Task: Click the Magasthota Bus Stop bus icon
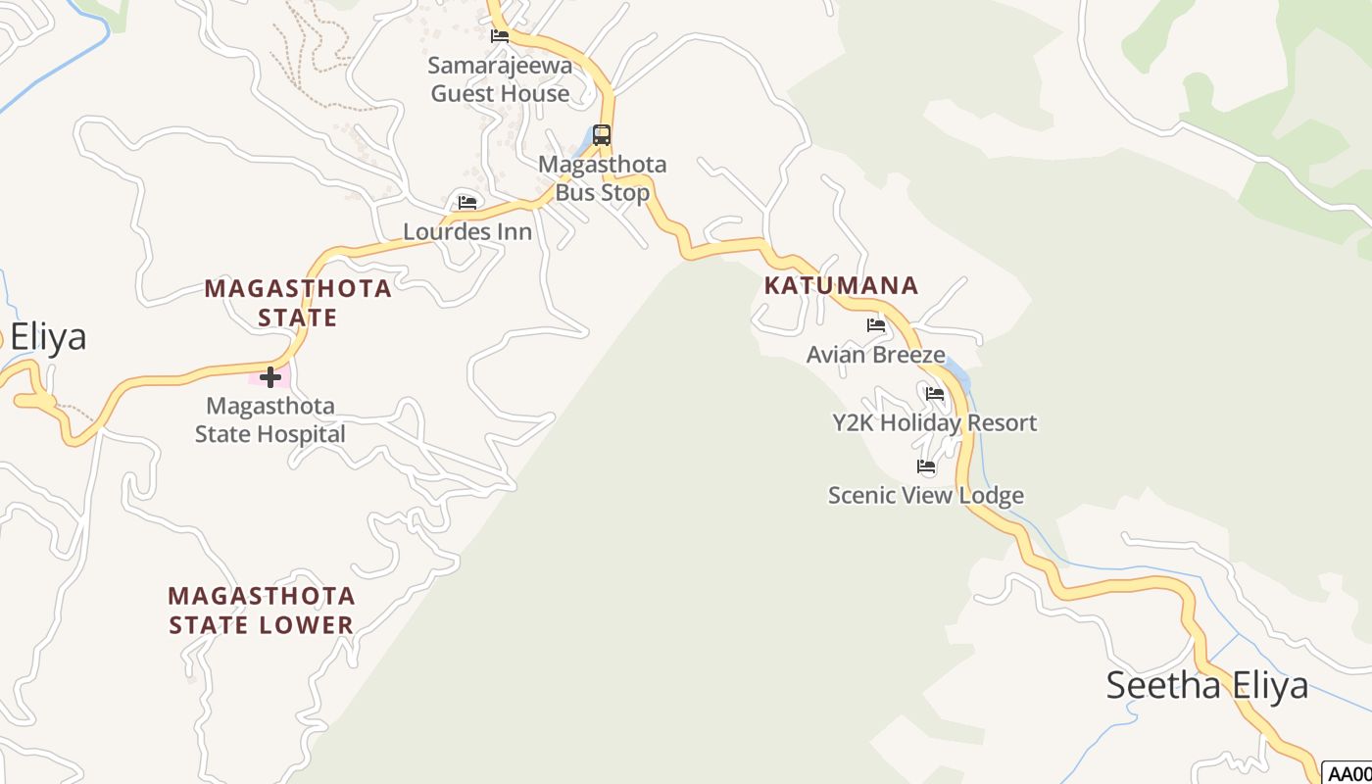(602, 135)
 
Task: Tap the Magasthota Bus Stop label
(602, 178)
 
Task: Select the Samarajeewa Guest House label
(500, 79)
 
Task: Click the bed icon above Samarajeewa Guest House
(500, 36)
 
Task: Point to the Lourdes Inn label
(467, 232)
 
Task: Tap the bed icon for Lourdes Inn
(467, 203)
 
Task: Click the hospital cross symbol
(270, 377)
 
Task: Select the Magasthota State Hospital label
(270, 419)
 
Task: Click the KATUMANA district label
(841, 285)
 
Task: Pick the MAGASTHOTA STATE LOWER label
(261, 610)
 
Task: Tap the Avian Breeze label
(875, 355)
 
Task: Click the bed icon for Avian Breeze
(876, 325)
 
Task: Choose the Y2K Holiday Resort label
(934, 423)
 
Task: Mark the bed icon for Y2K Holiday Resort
(935, 394)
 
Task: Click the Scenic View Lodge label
(925, 495)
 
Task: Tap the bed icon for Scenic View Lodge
(926, 466)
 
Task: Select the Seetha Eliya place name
(1206, 685)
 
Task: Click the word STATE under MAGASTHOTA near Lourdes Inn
(298, 318)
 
